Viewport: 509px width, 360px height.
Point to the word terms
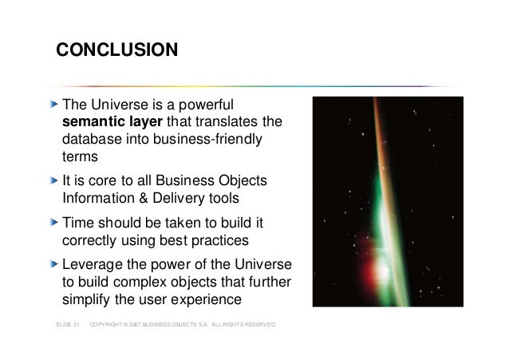(80, 158)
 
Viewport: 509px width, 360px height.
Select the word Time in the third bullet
(78, 223)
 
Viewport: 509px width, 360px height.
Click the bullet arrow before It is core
(55, 178)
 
